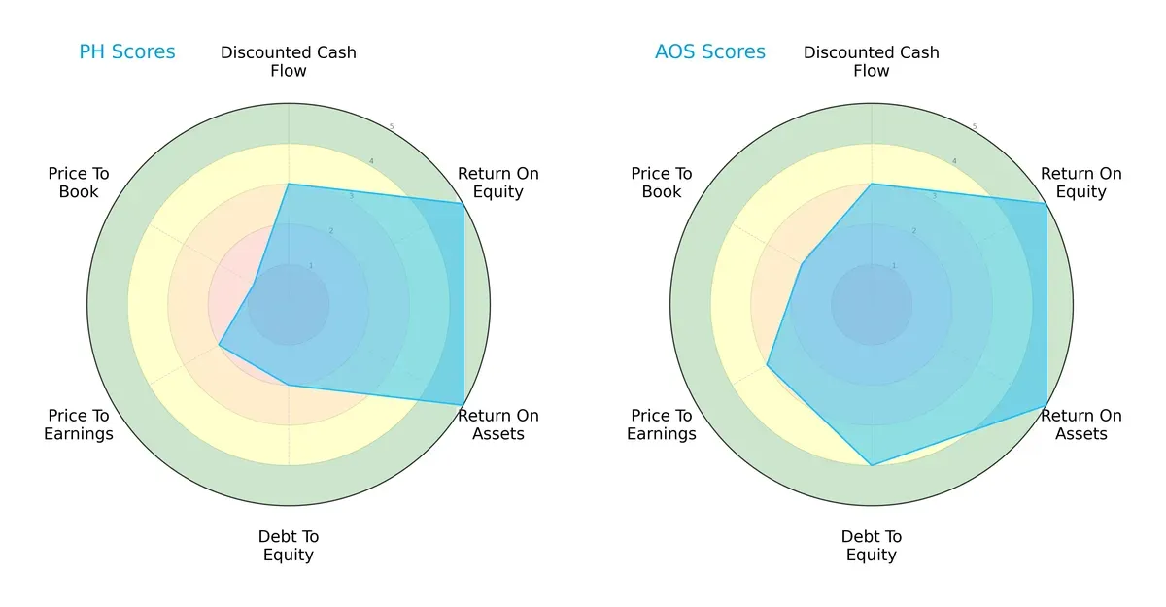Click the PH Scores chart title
coord(126,51)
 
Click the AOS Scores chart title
coord(709,51)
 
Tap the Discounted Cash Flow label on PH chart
coord(289,61)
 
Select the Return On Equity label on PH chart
coord(497,183)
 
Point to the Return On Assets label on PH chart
coord(497,424)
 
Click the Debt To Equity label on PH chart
coord(289,546)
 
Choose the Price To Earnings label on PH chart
coord(79,424)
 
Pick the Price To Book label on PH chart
coord(79,183)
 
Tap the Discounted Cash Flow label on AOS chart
coord(872,61)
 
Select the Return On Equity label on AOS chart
coord(1080,183)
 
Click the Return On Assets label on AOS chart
coord(1080,424)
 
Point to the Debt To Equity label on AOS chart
coord(872,546)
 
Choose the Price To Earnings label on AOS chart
coord(662,424)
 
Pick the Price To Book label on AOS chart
coord(662,183)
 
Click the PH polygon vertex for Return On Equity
coord(463,203)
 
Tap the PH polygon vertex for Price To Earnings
coord(220,345)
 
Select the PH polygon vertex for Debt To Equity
coord(289,386)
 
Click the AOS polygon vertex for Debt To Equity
coord(872,465)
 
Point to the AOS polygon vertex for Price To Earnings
coord(768,365)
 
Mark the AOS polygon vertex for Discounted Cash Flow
coord(872,184)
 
